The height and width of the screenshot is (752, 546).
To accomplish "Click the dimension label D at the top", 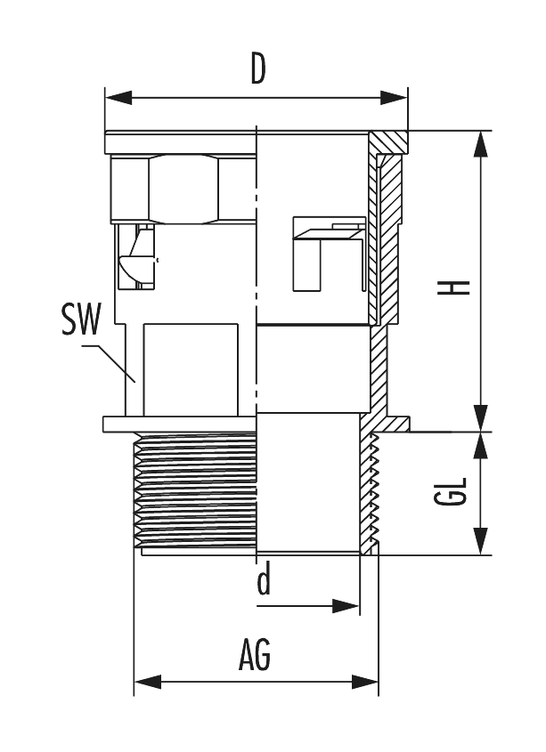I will [x=257, y=69].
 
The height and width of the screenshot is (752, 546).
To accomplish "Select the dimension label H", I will [x=458, y=287].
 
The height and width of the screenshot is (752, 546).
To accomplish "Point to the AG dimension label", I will [x=255, y=657].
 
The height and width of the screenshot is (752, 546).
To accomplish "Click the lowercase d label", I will [x=264, y=583].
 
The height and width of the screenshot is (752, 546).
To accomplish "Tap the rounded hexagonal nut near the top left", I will [x=183, y=189].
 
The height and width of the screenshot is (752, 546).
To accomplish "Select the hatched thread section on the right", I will [x=369, y=494].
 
